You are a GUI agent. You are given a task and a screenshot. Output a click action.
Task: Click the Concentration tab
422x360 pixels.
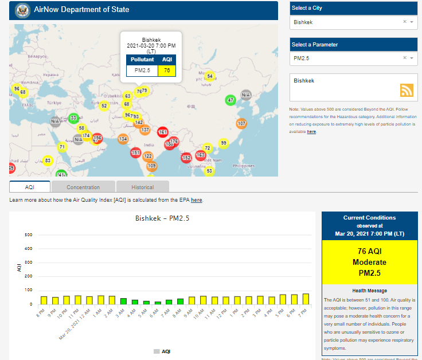tap(83, 187)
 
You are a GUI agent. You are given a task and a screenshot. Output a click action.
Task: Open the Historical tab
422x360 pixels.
tap(142, 187)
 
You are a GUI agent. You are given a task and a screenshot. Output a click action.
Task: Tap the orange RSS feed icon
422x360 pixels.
tap(407, 90)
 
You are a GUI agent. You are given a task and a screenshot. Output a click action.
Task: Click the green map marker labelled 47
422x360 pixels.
tap(230, 100)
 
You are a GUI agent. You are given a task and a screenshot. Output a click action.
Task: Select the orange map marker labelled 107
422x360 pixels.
tap(241, 123)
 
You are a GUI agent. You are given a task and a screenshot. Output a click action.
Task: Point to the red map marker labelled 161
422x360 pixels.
tap(163, 132)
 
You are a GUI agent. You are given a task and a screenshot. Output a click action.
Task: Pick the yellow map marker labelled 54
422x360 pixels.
tap(210, 76)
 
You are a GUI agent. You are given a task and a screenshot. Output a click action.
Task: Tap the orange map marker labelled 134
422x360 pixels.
tap(123, 139)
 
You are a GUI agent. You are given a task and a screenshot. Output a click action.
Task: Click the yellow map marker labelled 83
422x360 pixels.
tap(48, 161)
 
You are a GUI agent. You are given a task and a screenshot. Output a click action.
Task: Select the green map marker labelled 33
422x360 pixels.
tap(73, 118)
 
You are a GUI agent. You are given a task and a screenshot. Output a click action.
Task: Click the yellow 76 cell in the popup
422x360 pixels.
tap(166, 71)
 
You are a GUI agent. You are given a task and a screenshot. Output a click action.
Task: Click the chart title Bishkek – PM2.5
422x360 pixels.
tap(162, 218)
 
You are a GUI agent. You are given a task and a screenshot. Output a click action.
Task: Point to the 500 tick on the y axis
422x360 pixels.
tap(28, 235)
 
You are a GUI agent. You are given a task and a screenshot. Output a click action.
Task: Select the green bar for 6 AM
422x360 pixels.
tap(158, 302)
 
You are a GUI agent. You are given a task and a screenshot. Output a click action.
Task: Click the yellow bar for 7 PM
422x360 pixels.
tap(306, 299)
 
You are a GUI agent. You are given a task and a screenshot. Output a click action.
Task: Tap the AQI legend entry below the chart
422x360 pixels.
tap(162, 351)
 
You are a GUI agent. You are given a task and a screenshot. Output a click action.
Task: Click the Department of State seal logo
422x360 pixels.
tap(22, 10)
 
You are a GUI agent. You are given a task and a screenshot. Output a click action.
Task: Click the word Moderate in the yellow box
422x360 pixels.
tap(370, 262)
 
